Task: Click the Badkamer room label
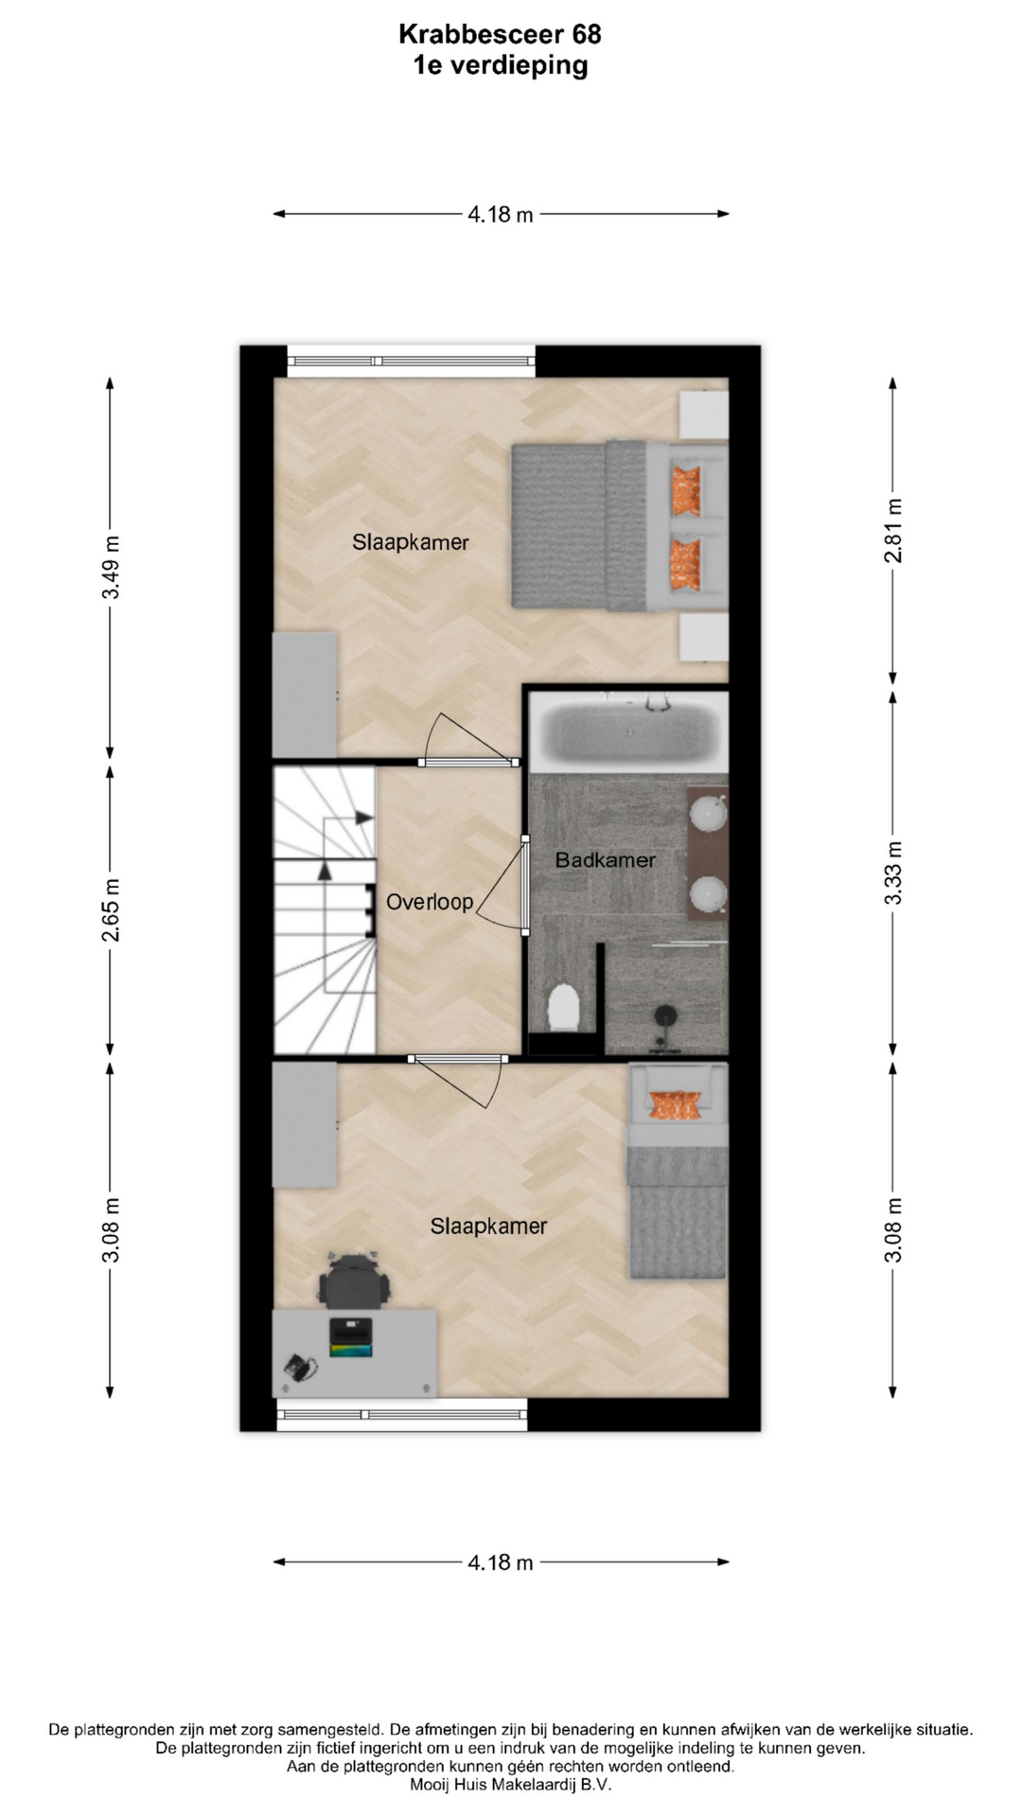click(x=605, y=860)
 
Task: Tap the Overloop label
click(x=430, y=902)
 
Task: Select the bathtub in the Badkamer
click(x=628, y=731)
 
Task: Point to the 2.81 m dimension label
click(x=893, y=531)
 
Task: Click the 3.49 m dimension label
click(x=111, y=567)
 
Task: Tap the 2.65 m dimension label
click(x=111, y=910)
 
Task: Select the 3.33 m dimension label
click(x=893, y=872)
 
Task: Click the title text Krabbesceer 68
click(x=500, y=34)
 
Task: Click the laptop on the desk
click(x=351, y=1338)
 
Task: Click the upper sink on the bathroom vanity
click(x=707, y=814)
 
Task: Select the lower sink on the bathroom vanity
click(x=707, y=892)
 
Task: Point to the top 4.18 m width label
click(x=501, y=215)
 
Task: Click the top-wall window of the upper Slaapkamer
click(x=411, y=361)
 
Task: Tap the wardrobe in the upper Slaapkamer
click(x=305, y=695)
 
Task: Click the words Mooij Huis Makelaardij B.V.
click(x=511, y=1785)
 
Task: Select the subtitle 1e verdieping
click(x=501, y=65)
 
